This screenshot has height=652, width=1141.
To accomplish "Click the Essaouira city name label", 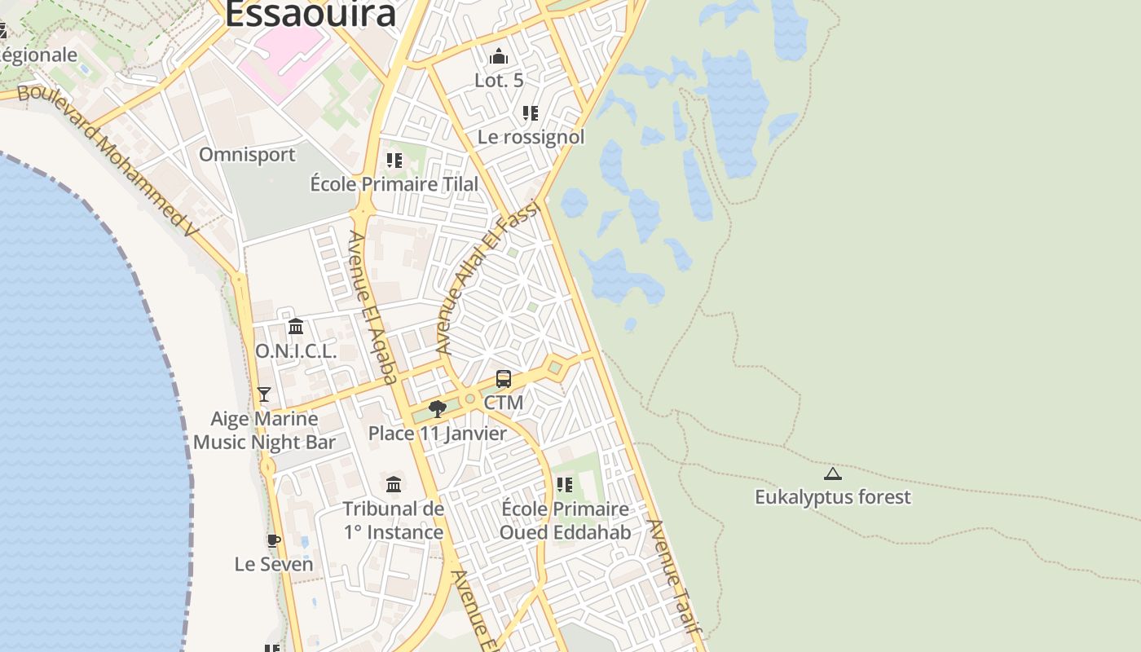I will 311,14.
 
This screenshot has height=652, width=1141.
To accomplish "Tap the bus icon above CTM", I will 504,379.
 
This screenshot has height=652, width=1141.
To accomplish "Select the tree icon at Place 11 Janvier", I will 438,408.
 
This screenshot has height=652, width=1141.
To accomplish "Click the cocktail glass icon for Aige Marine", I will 264,394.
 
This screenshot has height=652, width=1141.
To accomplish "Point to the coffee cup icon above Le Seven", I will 274,540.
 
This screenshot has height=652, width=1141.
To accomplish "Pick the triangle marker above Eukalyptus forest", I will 832,474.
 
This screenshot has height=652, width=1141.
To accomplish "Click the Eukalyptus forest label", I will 832,497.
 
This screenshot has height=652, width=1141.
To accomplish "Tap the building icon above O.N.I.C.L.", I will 296,327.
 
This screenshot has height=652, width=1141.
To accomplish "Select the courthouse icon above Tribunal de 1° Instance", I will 394,484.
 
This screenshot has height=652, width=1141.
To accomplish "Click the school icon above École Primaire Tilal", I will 394,160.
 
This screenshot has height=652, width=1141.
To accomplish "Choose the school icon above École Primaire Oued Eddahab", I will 565,485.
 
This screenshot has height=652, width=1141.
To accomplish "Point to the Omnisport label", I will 247,155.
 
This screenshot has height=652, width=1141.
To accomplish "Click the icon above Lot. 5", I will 499,57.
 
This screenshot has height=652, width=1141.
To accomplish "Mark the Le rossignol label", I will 531,137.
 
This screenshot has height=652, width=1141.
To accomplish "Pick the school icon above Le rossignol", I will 531,112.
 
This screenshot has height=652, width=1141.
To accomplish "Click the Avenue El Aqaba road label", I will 373,306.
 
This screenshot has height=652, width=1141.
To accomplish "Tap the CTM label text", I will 504,403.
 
